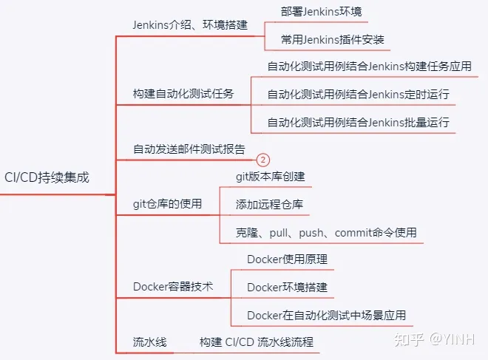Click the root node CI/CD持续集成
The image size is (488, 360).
click(46, 177)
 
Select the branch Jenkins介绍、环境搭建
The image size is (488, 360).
click(189, 24)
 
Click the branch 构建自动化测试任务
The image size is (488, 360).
click(183, 94)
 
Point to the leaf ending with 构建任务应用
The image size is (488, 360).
click(369, 67)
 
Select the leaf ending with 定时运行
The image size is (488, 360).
click(358, 94)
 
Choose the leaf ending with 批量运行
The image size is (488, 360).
click(358, 121)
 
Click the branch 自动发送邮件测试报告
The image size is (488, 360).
click(189, 149)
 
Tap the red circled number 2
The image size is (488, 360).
click(263, 160)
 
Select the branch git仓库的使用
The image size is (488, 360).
click(167, 203)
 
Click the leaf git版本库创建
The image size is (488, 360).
click(270, 177)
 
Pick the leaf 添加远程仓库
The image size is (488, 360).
click(269, 203)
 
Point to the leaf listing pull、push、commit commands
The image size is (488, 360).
click(326, 231)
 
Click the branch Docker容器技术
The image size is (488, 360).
click(172, 286)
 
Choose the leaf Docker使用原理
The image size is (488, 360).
click(287, 259)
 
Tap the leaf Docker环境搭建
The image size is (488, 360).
click(287, 286)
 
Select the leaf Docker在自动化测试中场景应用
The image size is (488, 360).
click(326, 314)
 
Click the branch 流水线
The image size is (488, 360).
click(149, 342)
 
